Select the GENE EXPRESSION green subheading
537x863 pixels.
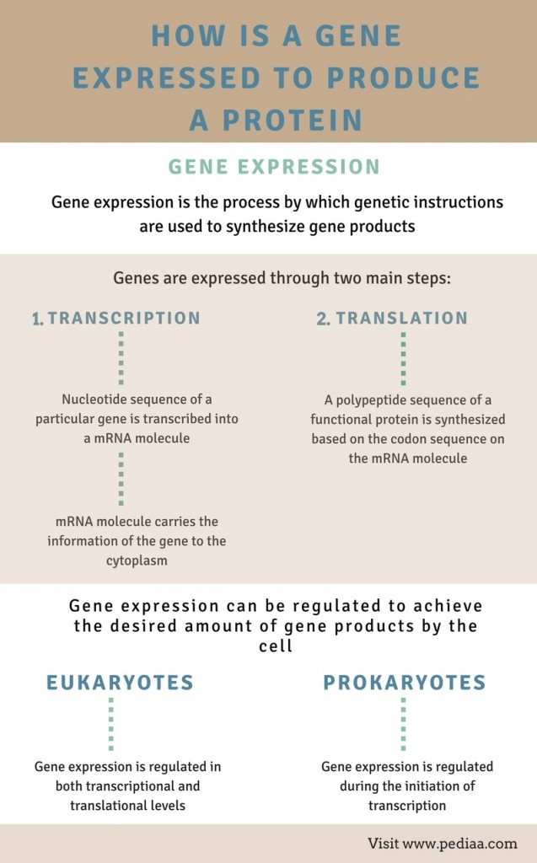pos(274,166)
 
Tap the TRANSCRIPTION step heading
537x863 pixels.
pos(124,318)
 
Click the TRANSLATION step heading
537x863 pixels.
pos(402,318)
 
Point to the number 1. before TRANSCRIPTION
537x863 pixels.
pos(37,319)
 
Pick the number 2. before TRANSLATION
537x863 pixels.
pos(324,319)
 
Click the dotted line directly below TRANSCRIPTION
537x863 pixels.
pos(121,357)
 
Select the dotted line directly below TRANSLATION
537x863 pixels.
pos(403,357)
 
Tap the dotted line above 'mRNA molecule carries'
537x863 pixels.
pos(121,479)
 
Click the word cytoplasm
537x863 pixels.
pos(136,560)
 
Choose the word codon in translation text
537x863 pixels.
pos(420,439)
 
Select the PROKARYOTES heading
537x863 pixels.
pos(404,682)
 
